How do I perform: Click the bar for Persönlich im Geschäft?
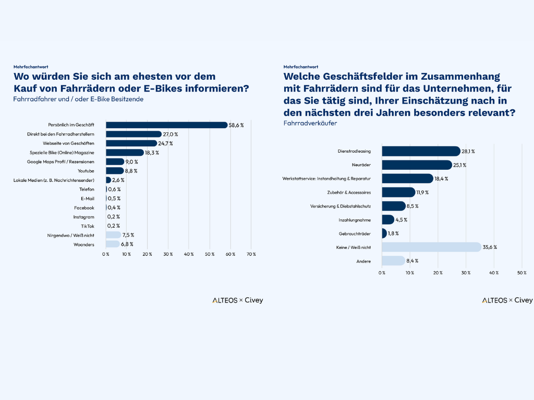pyautogui.click(x=167, y=125)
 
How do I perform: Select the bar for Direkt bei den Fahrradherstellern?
pyautogui.click(x=133, y=134)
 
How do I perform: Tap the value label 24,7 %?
pyautogui.click(x=166, y=143)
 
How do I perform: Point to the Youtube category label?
pyautogui.click(x=86, y=171)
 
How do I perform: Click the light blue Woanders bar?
pyautogui.click(x=112, y=244)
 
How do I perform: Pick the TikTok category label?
pyautogui.click(x=88, y=226)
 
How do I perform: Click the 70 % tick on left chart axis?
pyautogui.click(x=251, y=254)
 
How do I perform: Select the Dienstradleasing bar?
pyautogui.click(x=420, y=151)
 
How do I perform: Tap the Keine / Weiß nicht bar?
pyautogui.click(x=431, y=247)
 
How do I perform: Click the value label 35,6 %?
pyautogui.click(x=490, y=247)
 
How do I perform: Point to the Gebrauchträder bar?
pyautogui.click(x=384, y=233)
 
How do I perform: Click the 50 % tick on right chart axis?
pyautogui.click(x=521, y=272)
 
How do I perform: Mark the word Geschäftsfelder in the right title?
pyautogui.click(x=355, y=76)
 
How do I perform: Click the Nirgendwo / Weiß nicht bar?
pyautogui.click(x=113, y=235)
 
